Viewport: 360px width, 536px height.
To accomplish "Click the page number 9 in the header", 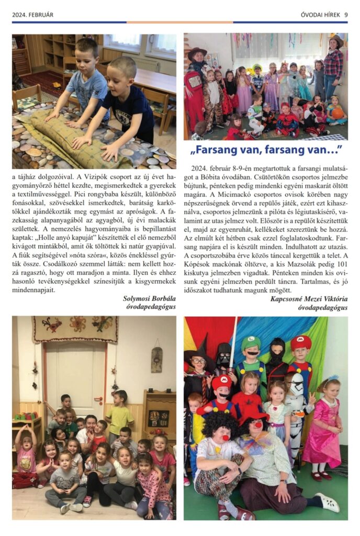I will tap(346, 15).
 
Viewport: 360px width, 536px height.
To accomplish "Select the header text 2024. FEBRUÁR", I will tap(32, 15).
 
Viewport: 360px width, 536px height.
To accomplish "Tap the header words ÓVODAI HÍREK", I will tap(321, 15).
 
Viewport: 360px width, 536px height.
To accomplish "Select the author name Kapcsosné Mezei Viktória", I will tap(309, 299).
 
